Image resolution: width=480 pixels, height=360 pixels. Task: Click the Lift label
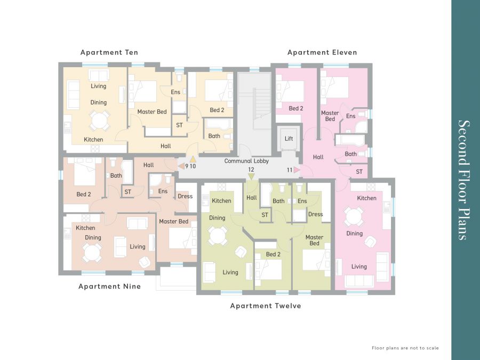click(x=289, y=139)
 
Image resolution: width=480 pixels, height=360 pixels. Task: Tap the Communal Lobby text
click(x=246, y=161)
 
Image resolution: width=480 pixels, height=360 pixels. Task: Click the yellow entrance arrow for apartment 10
click(x=193, y=159)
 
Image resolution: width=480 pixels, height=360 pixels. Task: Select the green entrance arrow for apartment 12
click(x=251, y=177)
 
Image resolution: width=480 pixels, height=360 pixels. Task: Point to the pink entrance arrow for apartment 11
click(x=297, y=170)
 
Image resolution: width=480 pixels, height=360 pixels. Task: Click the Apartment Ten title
click(x=109, y=52)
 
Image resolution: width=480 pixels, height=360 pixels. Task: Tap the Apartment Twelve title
click(x=266, y=306)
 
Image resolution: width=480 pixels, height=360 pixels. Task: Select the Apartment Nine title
click(x=109, y=286)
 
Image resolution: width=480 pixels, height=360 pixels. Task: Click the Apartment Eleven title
click(x=322, y=52)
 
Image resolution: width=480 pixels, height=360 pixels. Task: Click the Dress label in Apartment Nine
click(x=185, y=196)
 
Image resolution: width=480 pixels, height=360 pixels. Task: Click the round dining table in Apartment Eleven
click(x=354, y=217)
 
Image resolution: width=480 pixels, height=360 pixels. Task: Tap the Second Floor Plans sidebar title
click(x=464, y=180)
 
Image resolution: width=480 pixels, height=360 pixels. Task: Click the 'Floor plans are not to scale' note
click(x=405, y=348)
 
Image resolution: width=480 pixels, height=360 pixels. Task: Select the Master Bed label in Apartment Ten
click(x=152, y=112)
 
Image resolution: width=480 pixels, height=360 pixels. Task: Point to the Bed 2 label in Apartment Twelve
click(x=273, y=254)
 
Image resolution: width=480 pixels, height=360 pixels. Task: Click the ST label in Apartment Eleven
click(x=359, y=172)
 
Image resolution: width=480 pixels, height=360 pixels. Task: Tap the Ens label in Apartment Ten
click(x=175, y=92)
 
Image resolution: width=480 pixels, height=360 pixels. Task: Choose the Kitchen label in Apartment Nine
click(x=85, y=228)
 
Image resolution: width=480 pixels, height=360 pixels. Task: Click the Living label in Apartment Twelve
click(x=230, y=273)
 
